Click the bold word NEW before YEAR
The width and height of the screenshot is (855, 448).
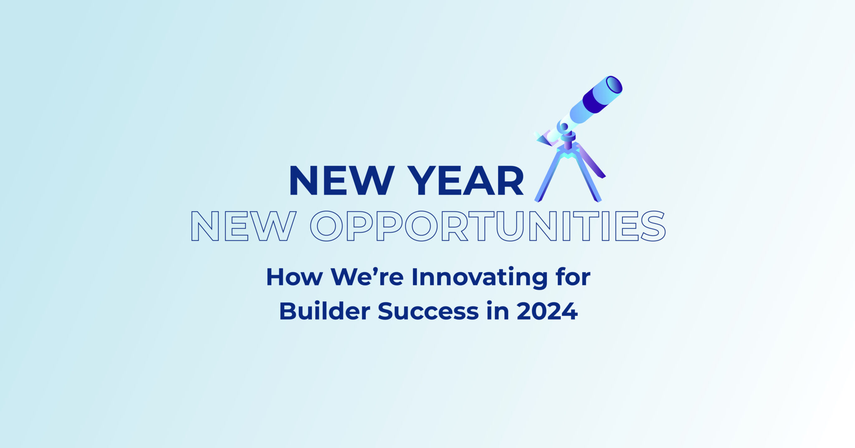tap(341, 181)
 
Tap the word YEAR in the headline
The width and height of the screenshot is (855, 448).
tap(466, 181)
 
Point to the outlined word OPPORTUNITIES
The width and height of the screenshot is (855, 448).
tap(488, 226)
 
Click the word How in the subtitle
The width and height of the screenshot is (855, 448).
tap(294, 277)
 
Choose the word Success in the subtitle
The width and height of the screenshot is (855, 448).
tap(428, 311)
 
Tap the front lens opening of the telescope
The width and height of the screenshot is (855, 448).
tap(614, 85)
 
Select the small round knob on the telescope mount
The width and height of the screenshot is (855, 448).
tap(564, 126)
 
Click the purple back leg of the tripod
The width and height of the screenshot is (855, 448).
tap(591, 161)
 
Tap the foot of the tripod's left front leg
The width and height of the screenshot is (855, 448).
tap(538, 199)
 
